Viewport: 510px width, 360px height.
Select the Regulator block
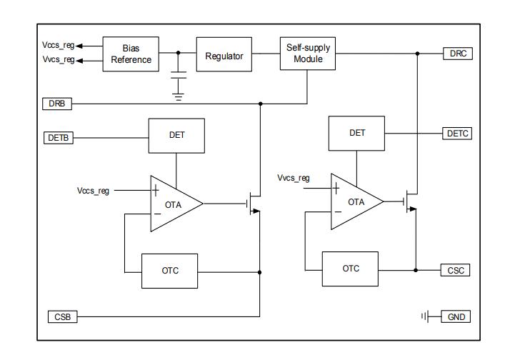(224, 56)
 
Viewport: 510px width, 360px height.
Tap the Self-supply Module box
(307, 53)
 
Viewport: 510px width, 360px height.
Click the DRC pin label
(457, 54)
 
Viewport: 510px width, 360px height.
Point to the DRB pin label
(56, 104)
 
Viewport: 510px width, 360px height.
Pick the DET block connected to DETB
(176, 134)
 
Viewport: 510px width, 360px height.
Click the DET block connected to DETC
(357, 133)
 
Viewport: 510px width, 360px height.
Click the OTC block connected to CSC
(350, 269)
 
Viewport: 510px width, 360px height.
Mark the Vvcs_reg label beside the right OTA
(293, 177)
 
